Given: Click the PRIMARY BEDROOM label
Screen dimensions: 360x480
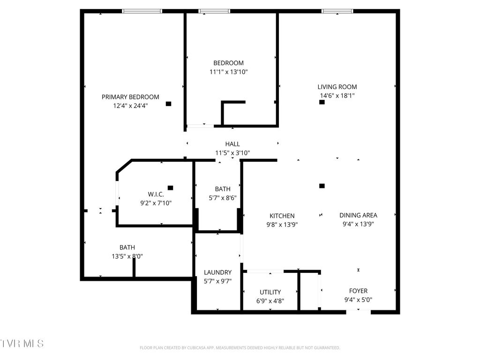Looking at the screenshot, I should click(130, 97).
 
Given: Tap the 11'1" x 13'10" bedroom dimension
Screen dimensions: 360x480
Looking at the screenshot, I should click(228, 72).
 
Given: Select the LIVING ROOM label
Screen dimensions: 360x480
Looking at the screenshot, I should click(337, 87).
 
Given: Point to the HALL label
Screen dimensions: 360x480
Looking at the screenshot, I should click(232, 144).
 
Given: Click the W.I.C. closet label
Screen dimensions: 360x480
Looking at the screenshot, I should click(156, 194).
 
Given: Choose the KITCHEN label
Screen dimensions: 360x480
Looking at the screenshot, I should click(282, 216).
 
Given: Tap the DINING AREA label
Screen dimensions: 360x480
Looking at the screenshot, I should click(358, 215).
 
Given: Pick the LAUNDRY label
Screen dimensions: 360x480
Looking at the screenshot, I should click(217, 272).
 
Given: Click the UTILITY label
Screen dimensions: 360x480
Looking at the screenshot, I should click(270, 292).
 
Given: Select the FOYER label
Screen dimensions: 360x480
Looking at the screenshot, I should click(358, 291).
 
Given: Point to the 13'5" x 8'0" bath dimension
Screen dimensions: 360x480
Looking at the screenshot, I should click(127, 256).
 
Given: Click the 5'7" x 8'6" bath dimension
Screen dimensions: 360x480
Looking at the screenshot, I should click(223, 198).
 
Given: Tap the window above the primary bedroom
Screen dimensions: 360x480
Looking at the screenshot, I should click(142, 11).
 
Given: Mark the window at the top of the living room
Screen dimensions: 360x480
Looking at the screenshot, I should click(337, 11).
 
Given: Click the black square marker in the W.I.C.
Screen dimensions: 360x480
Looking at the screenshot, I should click(170, 187).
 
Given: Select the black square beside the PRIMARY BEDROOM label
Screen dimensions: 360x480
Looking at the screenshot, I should click(168, 104).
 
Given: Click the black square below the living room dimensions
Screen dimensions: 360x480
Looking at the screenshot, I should click(322, 102).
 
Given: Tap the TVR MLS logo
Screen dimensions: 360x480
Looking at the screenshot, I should click(22, 344).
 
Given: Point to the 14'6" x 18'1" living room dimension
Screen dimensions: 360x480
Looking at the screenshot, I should click(337, 96).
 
